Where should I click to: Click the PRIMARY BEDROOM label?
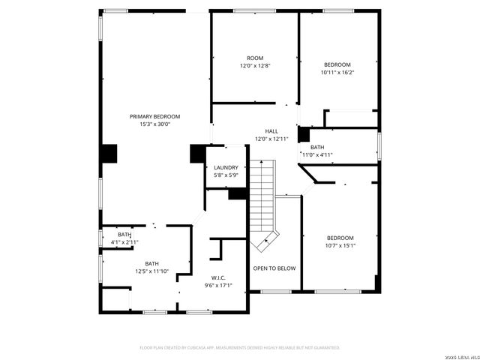point(155,116)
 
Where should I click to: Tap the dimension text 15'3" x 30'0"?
point(155,124)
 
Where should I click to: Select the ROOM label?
point(255,58)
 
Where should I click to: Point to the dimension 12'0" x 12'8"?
point(255,66)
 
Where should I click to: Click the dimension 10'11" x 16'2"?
point(337,73)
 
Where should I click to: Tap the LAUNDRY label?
point(226,167)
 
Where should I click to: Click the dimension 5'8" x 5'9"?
point(226,175)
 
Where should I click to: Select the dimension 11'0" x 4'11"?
point(317,155)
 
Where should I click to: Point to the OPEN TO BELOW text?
point(274,268)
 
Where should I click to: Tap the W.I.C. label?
point(218,277)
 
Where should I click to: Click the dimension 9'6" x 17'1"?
point(218,285)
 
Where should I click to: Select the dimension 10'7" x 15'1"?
point(340,245)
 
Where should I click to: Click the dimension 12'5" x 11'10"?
point(152,271)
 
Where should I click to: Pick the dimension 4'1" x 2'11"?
point(124,242)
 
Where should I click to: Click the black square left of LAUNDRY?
point(198,152)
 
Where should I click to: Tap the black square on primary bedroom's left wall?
point(109,152)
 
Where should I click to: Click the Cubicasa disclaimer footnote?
point(240,348)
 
